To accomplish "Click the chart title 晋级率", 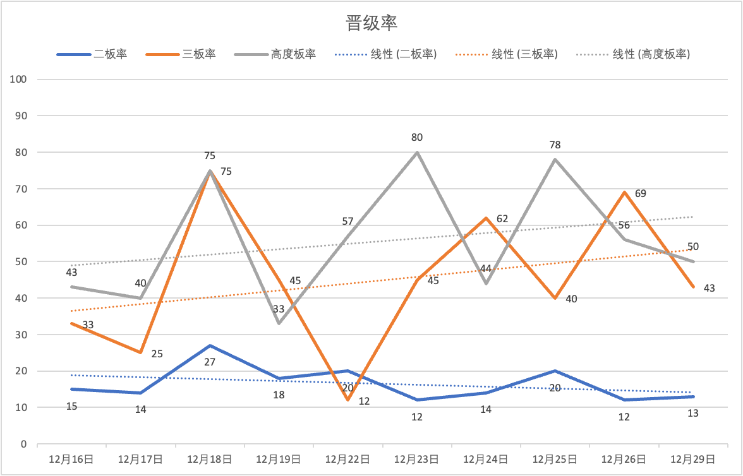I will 371,23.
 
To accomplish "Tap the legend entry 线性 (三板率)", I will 524,54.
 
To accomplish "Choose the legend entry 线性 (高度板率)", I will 651,54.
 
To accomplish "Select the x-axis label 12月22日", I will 347,459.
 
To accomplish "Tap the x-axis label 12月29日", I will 693,459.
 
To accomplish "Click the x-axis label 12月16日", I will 71,459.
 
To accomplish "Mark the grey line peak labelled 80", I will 417,152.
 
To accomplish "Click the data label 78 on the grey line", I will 555,145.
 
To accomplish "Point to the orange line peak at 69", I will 624,192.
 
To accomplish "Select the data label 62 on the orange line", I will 502,218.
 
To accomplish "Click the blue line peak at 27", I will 210,345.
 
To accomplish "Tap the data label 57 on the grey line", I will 347,221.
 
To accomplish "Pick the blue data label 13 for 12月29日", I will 693,413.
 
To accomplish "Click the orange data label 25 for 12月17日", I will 157,354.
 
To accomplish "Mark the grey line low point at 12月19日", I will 279,323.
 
